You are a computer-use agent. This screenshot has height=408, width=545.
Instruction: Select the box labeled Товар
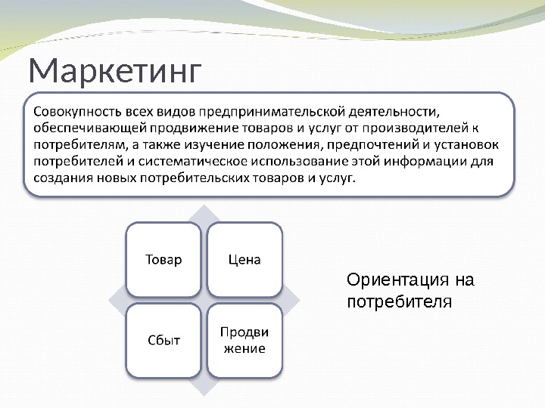[163, 260]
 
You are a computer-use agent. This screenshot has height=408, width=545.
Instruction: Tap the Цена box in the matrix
[244, 260]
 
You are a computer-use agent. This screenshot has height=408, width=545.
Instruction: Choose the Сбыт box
[163, 340]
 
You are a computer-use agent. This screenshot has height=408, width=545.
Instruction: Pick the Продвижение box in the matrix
[244, 340]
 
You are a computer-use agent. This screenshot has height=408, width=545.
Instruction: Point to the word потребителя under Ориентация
[399, 302]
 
